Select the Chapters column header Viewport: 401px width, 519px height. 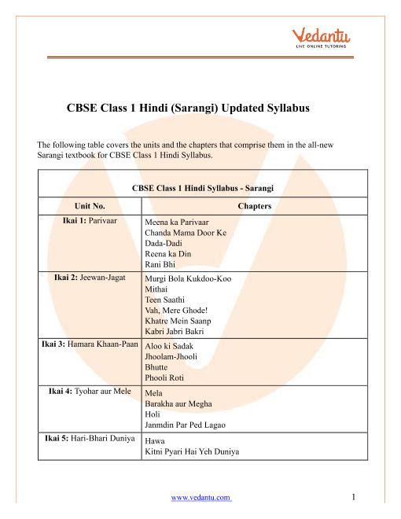click(x=251, y=206)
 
